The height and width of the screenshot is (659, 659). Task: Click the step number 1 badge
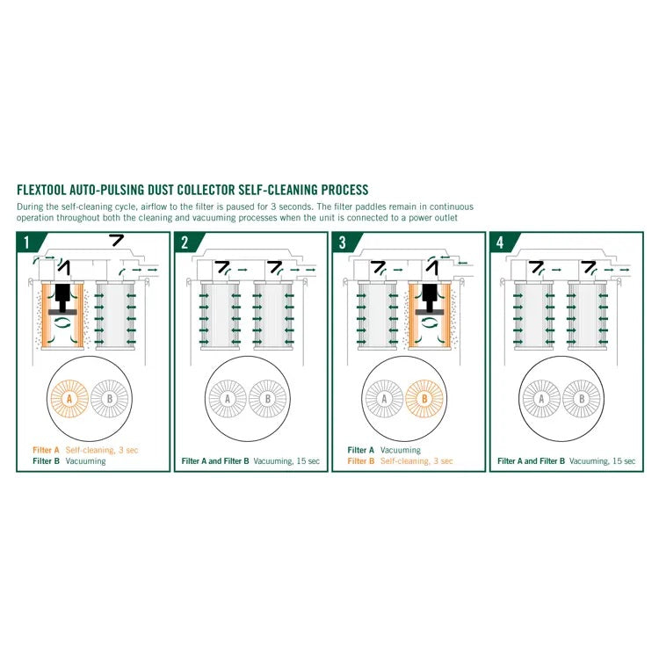pyautogui.click(x=26, y=243)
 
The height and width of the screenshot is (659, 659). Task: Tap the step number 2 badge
pyautogui.click(x=185, y=243)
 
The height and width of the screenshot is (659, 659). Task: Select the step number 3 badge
pyautogui.click(x=342, y=243)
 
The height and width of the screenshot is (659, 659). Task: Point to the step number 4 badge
pyautogui.click(x=500, y=243)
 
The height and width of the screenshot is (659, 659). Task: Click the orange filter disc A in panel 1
pyautogui.click(x=69, y=398)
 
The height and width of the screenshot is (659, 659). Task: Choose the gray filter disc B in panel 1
pyautogui.click(x=110, y=398)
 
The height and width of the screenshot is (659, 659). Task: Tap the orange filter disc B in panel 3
pyautogui.click(x=424, y=398)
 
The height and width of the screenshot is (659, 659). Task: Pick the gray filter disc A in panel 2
pyautogui.click(x=228, y=398)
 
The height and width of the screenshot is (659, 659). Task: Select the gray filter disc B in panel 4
pyautogui.click(x=582, y=398)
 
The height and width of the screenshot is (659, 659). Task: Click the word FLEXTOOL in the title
pyautogui.click(x=41, y=190)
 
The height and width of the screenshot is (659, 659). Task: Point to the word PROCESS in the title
pyautogui.click(x=344, y=190)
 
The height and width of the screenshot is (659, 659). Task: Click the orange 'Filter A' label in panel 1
pyautogui.click(x=47, y=450)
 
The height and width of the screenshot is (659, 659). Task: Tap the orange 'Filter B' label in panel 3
pyautogui.click(x=361, y=461)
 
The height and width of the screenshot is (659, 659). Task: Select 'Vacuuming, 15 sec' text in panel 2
pyautogui.click(x=286, y=461)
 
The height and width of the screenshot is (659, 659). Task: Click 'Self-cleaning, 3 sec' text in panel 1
pyautogui.click(x=102, y=450)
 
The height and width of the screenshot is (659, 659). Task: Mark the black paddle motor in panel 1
pyautogui.click(x=62, y=300)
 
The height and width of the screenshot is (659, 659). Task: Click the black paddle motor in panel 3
pyautogui.click(x=430, y=300)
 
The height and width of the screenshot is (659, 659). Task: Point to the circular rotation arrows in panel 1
pyautogui.click(x=63, y=322)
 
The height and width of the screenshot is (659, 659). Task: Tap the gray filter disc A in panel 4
pyautogui.click(x=541, y=398)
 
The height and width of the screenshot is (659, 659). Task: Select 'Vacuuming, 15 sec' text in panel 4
pyautogui.click(x=602, y=461)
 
